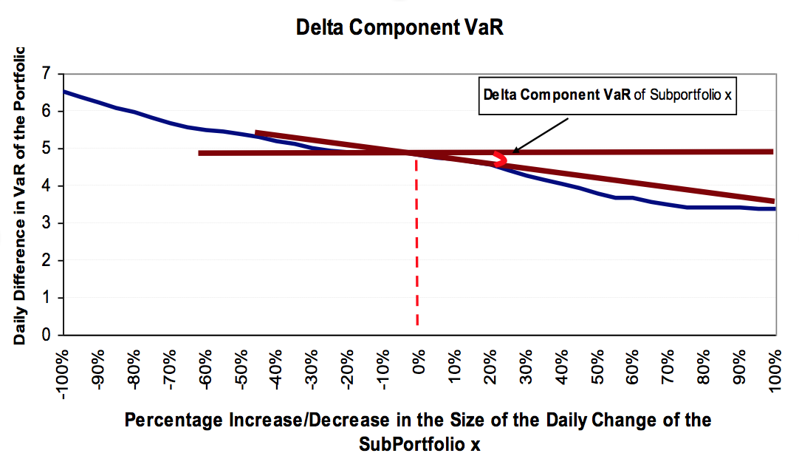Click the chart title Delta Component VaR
(399, 28)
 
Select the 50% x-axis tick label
(597, 369)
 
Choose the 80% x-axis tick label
(703, 369)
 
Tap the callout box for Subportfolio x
(608, 96)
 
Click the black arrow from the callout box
(535, 135)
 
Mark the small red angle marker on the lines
(500, 158)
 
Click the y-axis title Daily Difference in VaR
(20, 196)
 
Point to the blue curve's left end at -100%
(65, 92)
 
